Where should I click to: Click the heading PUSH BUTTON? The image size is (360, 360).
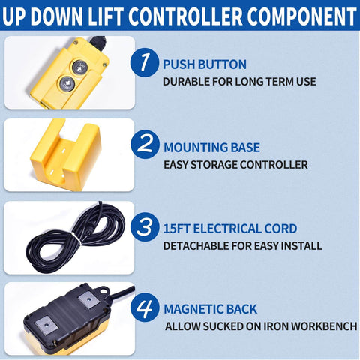[204, 64]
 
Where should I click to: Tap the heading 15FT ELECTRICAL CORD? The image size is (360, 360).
[229, 229]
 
